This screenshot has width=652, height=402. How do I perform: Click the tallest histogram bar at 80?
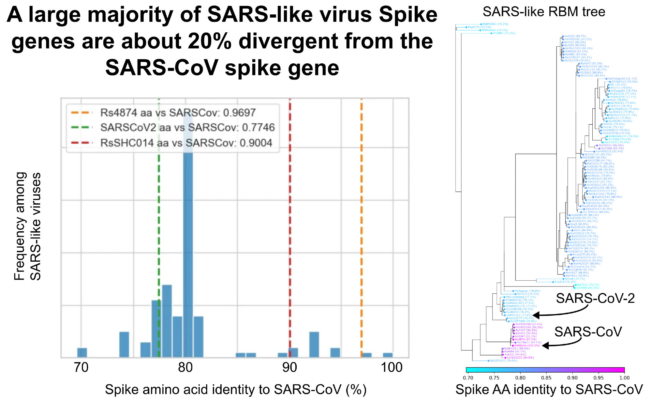pos(188,245)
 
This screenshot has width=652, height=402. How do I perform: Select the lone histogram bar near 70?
pos(82,352)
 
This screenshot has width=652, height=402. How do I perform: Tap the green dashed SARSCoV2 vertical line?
pos(159,228)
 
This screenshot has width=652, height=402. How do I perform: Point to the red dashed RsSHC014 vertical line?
pos(290,228)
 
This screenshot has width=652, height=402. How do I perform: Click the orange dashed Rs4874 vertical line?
pos(361,228)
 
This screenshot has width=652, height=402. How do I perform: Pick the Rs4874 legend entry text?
pos(178,113)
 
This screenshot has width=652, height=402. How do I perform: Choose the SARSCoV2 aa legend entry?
pos(187,127)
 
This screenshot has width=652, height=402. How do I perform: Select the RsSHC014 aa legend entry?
pos(186,143)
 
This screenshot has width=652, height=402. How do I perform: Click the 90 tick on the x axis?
pos(289,367)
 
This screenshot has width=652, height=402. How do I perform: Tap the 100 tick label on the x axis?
pos(392,367)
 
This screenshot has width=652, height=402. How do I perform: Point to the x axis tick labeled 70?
pos(81,367)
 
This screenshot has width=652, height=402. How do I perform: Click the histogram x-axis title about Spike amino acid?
pos(235,390)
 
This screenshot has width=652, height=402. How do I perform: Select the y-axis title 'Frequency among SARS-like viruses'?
pos(27,226)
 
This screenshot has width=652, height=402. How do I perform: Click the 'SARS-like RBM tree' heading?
pos(544,12)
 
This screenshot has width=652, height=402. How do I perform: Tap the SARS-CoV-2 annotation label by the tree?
pos(595,298)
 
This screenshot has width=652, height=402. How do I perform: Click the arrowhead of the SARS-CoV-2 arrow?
pos(535,315)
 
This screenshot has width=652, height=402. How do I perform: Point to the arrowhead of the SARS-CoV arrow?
pos(544,345)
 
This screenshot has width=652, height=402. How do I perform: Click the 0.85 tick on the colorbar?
pos(546,378)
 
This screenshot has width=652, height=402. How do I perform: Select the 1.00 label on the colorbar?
pos(624,378)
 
